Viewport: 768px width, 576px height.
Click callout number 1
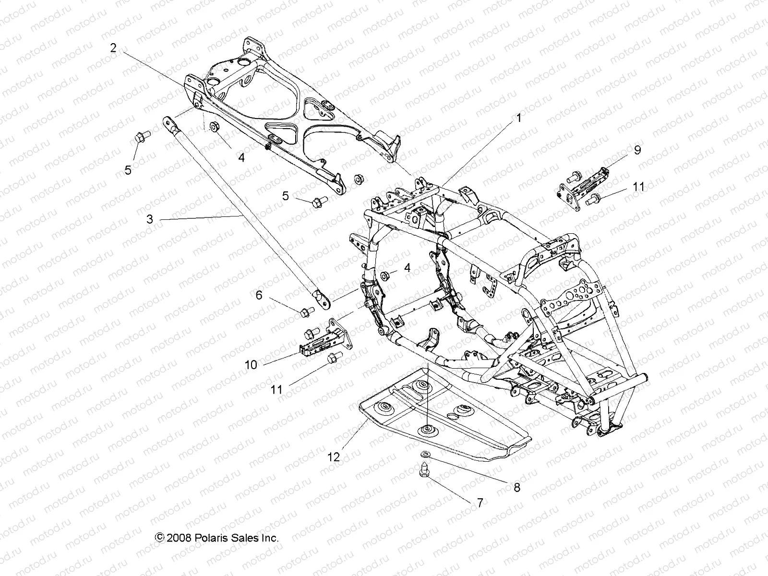coord(517,118)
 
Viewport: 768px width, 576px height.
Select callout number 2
coord(113,48)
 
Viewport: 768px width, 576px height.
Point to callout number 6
coord(259,295)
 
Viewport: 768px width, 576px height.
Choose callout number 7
coord(480,503)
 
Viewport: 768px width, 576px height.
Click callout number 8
coord(516,487)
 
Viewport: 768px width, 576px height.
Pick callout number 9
coord(637,150)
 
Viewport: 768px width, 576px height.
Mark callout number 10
coord(251,365)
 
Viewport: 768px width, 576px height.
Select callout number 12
coord(334,457)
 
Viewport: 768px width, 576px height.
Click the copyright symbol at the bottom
coord(159,538)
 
